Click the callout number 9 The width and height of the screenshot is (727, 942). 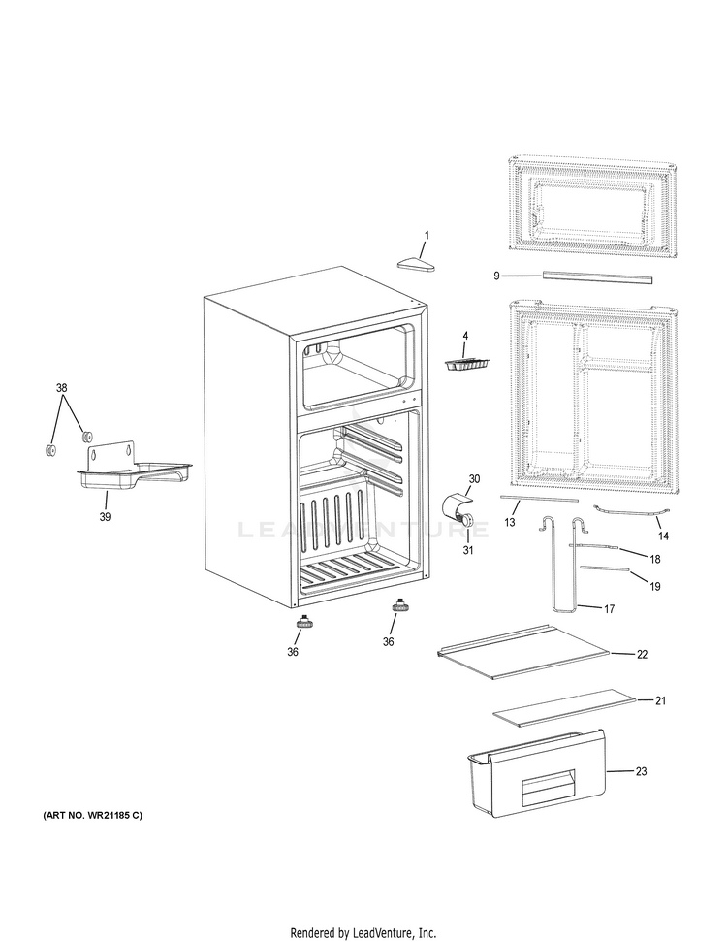(496, 276)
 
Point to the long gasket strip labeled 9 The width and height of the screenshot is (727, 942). (597, 278)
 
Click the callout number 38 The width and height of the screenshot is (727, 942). (62, 388)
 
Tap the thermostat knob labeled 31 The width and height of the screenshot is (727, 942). (472, 524)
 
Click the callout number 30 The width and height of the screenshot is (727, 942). (474, 479)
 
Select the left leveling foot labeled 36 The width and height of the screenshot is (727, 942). (303, 623)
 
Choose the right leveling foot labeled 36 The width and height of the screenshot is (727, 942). (395, 608)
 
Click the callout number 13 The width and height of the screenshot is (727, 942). (509, 523)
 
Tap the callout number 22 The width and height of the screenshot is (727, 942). (642, 654)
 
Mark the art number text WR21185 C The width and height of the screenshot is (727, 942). (93, 815)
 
